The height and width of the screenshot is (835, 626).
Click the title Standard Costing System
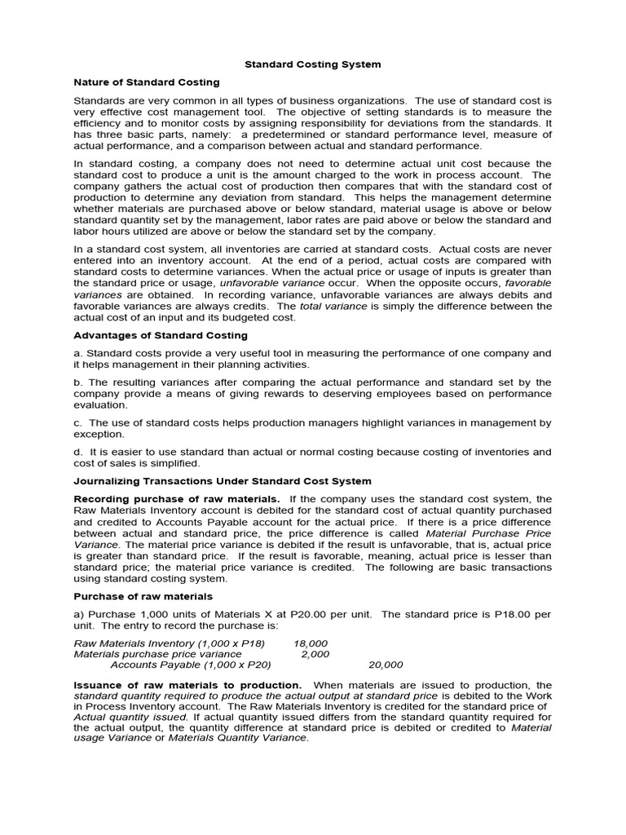point(314,64)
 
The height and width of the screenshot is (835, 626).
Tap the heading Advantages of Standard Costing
point(161,335)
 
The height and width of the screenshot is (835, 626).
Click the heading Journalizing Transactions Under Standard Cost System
point(223,481)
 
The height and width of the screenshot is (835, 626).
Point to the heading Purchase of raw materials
point(143,596)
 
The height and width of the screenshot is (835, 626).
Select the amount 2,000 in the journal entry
point(315,653)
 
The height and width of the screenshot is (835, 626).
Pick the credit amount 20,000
point(386,665)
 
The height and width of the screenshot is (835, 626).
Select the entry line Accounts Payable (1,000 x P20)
point(191,665)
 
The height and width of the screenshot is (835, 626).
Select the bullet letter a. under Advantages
point(78,353)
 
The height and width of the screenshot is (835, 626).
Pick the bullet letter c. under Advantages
point(78,422)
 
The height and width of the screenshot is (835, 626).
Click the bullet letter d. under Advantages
point(78,451)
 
